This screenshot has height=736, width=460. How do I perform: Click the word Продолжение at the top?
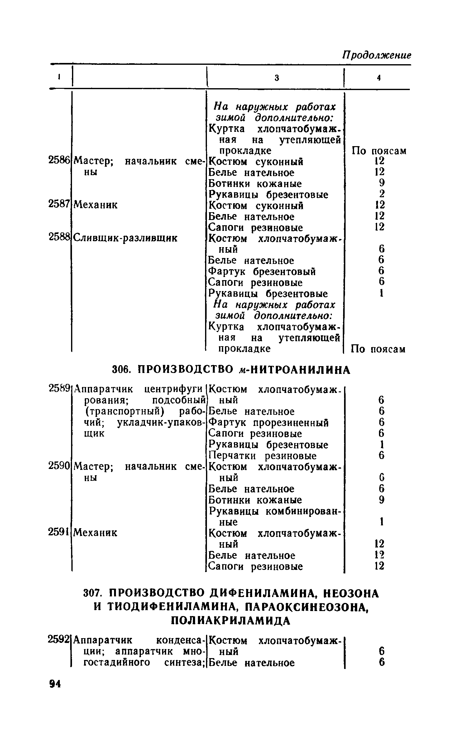(x=377, y=55)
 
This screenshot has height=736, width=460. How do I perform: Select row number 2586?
(x=59, y=160)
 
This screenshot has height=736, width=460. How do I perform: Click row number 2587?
(x=59, y=204)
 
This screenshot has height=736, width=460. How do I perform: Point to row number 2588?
(x=59, y=237)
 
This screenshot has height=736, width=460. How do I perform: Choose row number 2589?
(x=59, y=389)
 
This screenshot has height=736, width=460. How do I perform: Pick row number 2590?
(x=59, y=466)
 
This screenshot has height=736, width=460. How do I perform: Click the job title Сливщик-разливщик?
(x=126, y=238)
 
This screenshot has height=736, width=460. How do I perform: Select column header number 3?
(x=276, y=78)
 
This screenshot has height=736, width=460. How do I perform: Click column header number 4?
(x=379, y=78)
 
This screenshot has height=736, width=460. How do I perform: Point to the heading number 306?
(x=120, y=370)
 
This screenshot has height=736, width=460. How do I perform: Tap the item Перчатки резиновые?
(x=262, y=456)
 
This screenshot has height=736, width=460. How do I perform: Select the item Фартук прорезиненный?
(x=268, y=423)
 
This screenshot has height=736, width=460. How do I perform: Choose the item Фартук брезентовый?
(x=262, y=272)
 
